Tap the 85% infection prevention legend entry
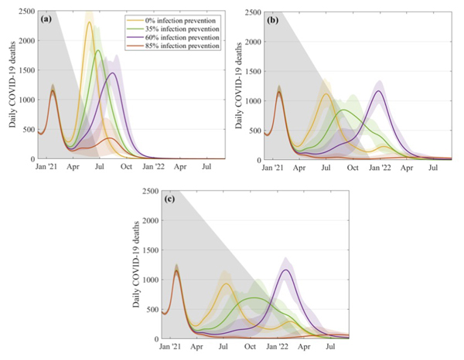pos(179,46)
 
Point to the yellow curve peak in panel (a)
pos(89,22)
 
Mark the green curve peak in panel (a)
pos(98,51)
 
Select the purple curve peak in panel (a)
pos(113,73)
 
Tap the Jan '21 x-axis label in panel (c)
pos(169,347)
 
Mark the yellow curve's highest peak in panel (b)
pos(326,94)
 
